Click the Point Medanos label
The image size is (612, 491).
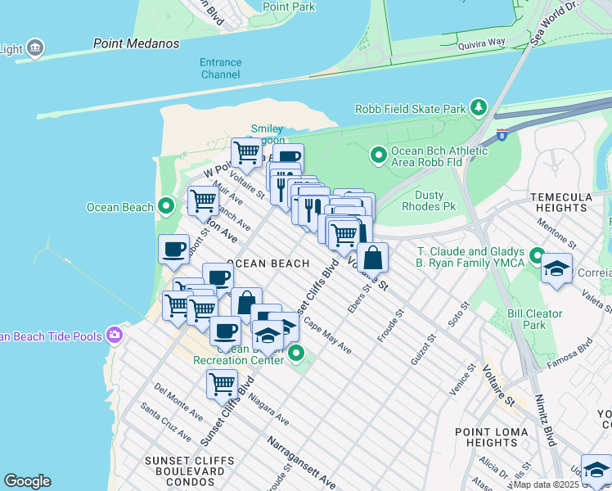[136, 43]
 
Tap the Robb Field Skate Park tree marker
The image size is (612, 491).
[478, 108]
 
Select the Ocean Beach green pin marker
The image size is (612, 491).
[166, 206]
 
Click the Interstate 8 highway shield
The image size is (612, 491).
[501, 134]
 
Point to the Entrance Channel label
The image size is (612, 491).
[220, 69]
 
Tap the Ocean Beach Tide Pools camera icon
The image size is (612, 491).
[115, 335]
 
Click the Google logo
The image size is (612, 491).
[27, 481]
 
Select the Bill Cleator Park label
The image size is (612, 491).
[535, 319]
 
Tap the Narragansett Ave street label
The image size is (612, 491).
[301, 464]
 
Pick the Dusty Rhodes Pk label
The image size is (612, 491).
[429, 200]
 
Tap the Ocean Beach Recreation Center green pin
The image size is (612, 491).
[296, 354]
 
